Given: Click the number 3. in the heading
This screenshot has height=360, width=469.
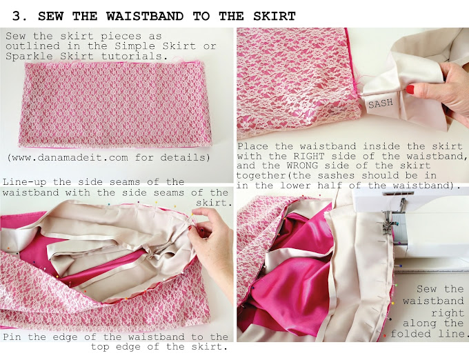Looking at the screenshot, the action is point(20,16).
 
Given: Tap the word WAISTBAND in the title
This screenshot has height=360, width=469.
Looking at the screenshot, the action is point(145,16).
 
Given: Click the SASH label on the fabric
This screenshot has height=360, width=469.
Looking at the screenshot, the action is point(381,103).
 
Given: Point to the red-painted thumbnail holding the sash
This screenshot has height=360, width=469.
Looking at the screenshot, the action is point(410,90).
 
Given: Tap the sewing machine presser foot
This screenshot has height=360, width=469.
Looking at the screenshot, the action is point(388,225).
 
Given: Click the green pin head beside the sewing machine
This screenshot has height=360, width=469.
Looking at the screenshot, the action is point(396,286).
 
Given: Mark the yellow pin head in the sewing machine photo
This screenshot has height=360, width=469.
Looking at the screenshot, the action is point(392,303).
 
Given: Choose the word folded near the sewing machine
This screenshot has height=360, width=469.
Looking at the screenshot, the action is point(410,333).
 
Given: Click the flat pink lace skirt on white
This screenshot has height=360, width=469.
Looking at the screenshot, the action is point(115,104).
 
